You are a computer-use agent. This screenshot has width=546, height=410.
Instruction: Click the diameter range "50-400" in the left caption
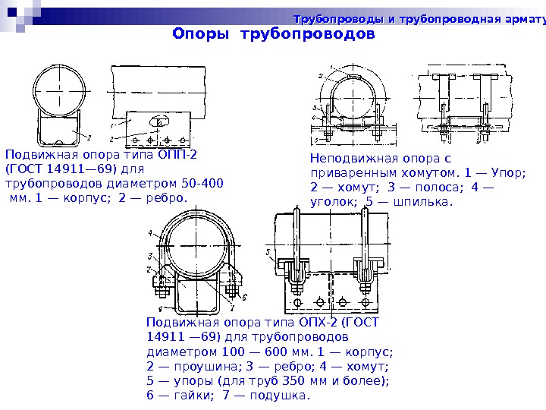[203, 183]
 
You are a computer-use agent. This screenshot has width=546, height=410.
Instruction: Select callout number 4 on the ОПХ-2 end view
[151, 232]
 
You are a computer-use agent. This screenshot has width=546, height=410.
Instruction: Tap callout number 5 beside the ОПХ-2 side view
[268, 251]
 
